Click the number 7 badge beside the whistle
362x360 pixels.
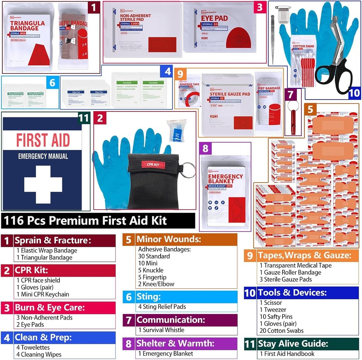(x=290, y=95)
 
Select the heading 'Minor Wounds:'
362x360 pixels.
(x=164, y=239)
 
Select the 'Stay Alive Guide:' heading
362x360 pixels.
(x=293, y=344)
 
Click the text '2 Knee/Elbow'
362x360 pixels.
(x=156, y=284)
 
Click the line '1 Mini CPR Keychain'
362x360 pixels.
(x=43, y=294)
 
